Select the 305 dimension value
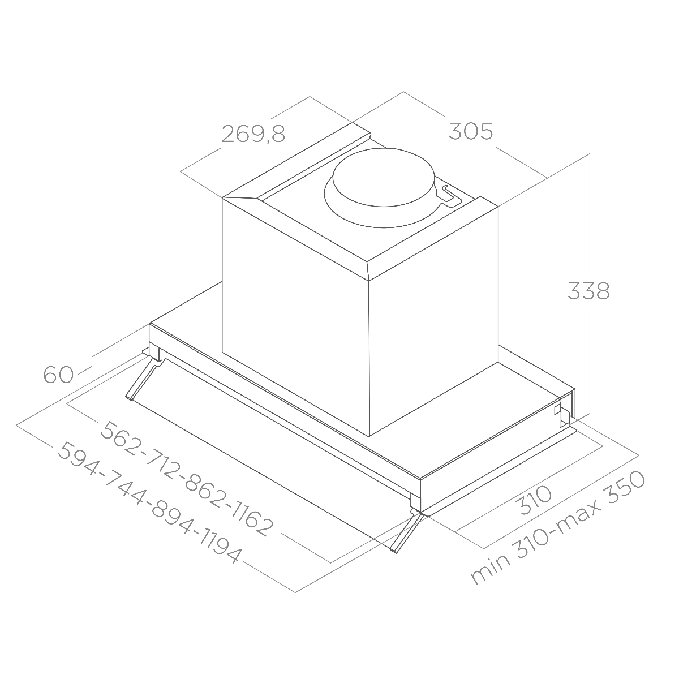point(471,131)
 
